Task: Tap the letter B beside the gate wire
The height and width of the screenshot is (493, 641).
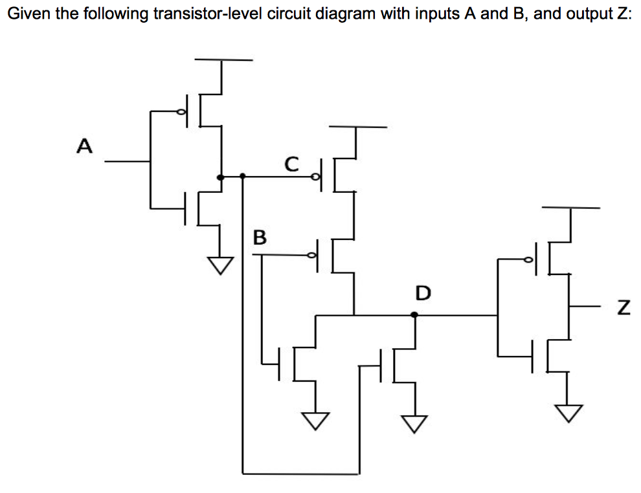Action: click(259, 237)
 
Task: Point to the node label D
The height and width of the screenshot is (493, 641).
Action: click(422, 293)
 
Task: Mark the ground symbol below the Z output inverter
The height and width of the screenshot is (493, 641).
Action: click(570, 411)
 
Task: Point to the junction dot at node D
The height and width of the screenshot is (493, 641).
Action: click(414, 315)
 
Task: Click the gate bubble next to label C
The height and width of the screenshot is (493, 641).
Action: click(316, 176)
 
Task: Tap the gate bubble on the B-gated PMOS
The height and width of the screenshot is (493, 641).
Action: click(315, 256)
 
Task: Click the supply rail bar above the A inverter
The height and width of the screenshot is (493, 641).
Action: click(223, 60)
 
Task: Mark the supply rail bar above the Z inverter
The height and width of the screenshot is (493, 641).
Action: click(570, 208)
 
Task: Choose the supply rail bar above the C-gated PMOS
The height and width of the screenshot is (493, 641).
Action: click(357, 127)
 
